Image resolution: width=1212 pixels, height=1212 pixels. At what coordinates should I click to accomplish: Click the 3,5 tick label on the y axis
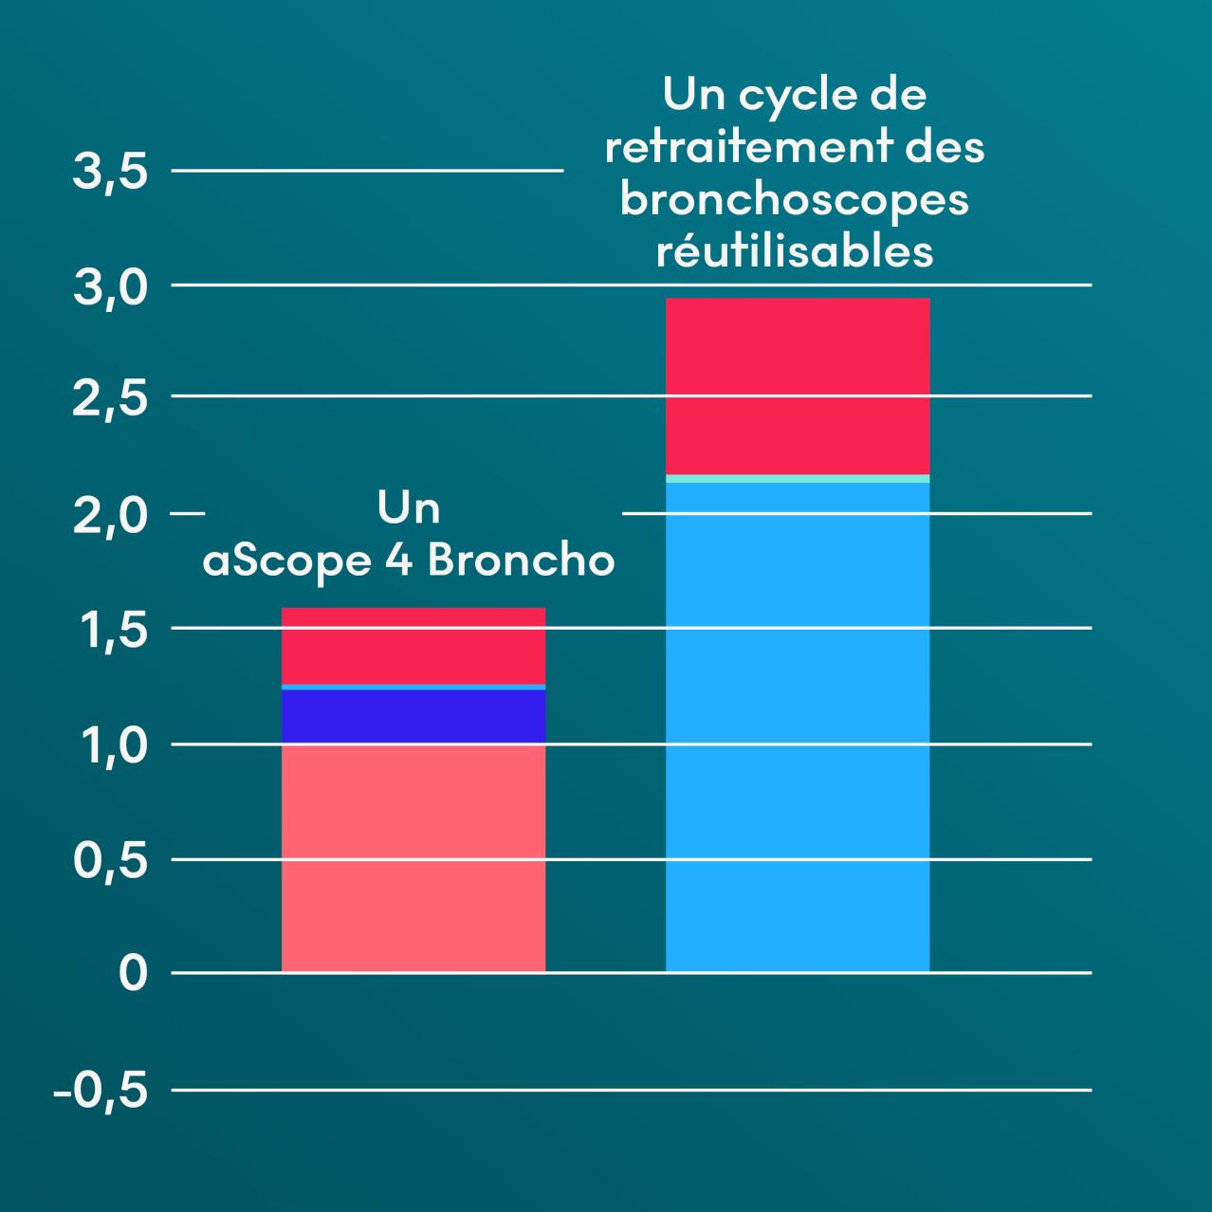pos(110,174)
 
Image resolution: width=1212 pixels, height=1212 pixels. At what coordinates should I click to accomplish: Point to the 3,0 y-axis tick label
pos(110,287)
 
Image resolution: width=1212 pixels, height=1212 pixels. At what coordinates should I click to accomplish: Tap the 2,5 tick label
pos(110,398)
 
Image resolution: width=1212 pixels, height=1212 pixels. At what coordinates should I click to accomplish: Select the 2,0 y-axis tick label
pos(110,516)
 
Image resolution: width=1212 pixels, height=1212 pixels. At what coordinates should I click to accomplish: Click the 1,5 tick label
pos(110,631)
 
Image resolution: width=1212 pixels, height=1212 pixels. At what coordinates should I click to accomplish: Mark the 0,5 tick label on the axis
pos(110,861)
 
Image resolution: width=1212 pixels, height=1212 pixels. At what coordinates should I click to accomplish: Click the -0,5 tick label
pos(101,1092)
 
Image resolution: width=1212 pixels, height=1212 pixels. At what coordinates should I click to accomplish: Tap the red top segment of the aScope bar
pos(413,645)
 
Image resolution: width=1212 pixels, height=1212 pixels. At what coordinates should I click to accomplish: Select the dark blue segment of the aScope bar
pos(413,716)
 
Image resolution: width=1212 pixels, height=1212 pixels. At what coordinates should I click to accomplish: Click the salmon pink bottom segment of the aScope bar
pos(413,857)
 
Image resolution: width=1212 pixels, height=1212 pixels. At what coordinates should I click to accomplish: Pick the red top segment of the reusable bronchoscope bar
pos(798,386)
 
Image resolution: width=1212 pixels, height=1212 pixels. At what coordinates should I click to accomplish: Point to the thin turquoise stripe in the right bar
pos(798,479)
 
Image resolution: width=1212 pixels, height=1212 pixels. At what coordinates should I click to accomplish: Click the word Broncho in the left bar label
pos(521,560)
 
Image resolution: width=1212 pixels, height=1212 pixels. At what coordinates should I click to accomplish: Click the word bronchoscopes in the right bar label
pos(795,200)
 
